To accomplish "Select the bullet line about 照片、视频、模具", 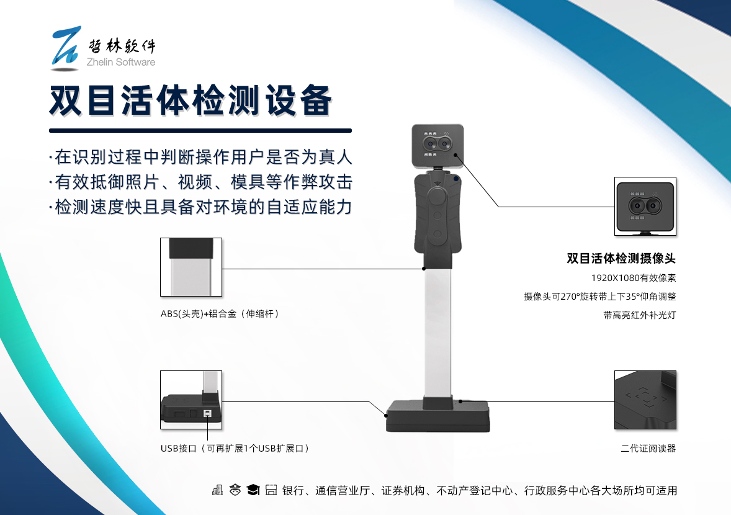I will pos(202,181).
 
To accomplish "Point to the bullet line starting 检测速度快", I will pos(202,207).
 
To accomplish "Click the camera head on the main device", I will pos(437,145).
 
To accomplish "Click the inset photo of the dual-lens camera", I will pos(645,206).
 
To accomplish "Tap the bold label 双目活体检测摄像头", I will pos(621,259).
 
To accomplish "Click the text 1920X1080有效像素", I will pos(633,278).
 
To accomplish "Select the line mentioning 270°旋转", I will pos(599,297).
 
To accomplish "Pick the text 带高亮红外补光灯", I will pos(639,315).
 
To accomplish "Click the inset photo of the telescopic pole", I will pos(191,267).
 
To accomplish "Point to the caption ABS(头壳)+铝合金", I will pos(220,314).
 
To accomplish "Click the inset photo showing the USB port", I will pos(191,400).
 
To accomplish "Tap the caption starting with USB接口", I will pos(235,448).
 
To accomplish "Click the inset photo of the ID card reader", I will pos(645,400).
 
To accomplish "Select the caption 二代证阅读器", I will pos(648,448).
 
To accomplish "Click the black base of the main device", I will pos(437,416).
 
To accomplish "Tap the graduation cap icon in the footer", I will pos(253,490).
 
